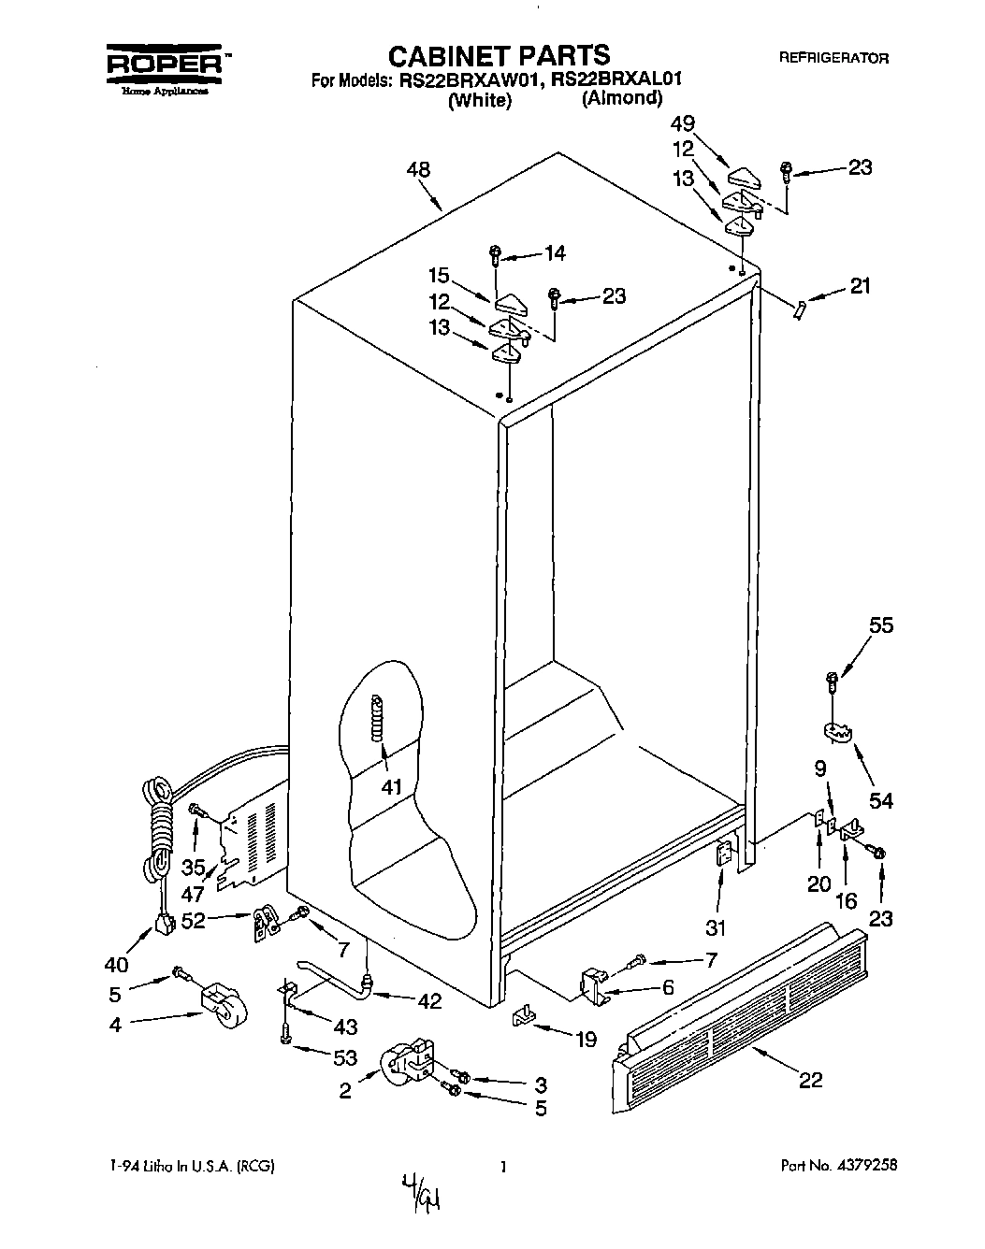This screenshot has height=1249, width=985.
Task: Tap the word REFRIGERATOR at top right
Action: click(x=833, y=58)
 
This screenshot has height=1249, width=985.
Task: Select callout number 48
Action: click(x=419, y=170)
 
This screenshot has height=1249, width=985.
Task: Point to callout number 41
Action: click(x=391, y=787)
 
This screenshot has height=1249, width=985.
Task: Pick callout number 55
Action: click(x=881, y=626)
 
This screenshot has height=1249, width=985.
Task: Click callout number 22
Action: click(x=810, y=1080)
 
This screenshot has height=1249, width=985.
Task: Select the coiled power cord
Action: click(x=160, y=823)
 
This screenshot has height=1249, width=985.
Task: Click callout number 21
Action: click(x=859, y=285)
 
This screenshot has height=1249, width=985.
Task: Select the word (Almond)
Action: click(x=621, y=98)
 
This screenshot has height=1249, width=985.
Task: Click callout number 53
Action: click(x=344, y=1057)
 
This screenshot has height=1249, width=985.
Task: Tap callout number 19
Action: click(x=586, y=1039)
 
